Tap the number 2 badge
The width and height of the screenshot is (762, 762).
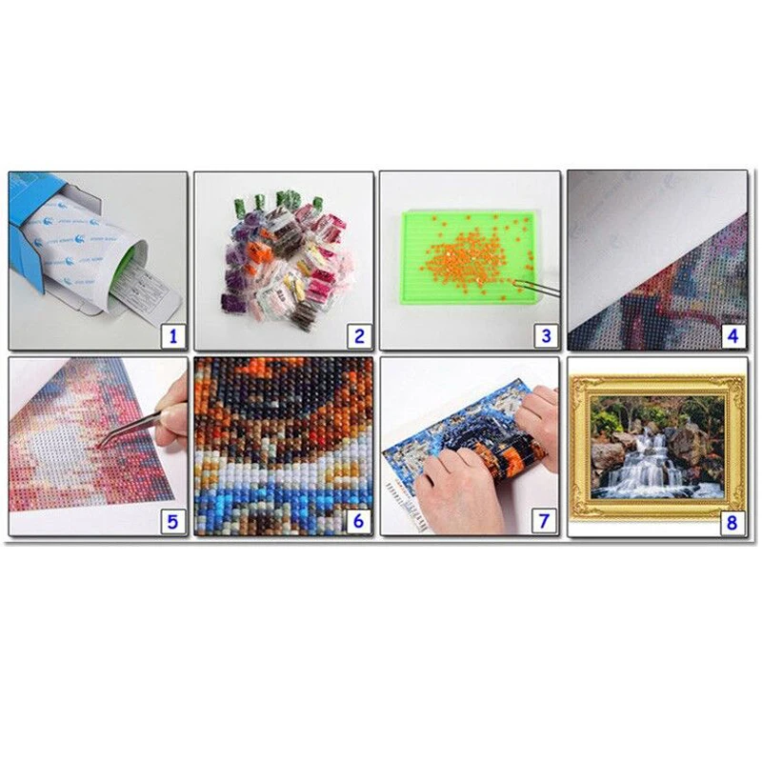coord(358,335)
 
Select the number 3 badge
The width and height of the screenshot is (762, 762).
coord(545,335)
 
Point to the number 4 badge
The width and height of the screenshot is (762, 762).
coord(732,335)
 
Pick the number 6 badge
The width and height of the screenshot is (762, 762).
coord(358,521)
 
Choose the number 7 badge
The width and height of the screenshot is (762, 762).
coord(545,521)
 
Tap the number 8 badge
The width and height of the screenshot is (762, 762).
coord(732,521)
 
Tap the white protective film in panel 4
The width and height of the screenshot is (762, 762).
coord(629,229)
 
